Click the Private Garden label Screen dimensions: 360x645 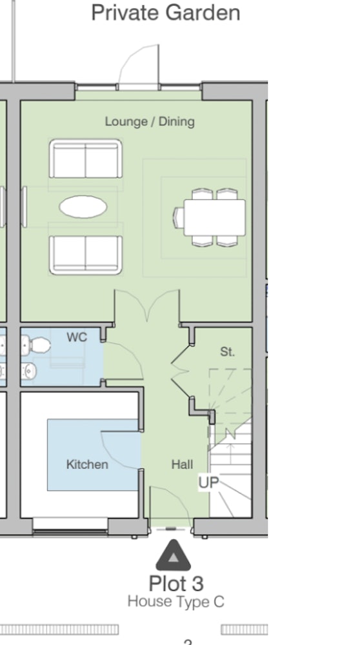point(165,13)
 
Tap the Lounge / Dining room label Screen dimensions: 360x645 point(150,122)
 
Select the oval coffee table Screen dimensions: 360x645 point(83,206)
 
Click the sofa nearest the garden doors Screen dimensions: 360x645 point(86,159)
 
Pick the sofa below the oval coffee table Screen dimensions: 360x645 point(86,255)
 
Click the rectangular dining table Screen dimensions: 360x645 point(214,217)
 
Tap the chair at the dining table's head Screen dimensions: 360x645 point(179,217)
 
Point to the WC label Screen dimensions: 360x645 point(77,337)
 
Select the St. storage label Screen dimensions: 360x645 point(228,352)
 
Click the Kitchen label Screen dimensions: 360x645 point(87,465)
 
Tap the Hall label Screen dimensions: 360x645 point(182,465)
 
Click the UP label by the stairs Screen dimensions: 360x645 point(208,482)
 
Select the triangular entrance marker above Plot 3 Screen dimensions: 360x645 point(173,556)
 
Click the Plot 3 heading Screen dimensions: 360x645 point(176,584)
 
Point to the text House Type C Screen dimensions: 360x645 point(176,602)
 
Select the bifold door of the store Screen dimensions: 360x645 point(180,372)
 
